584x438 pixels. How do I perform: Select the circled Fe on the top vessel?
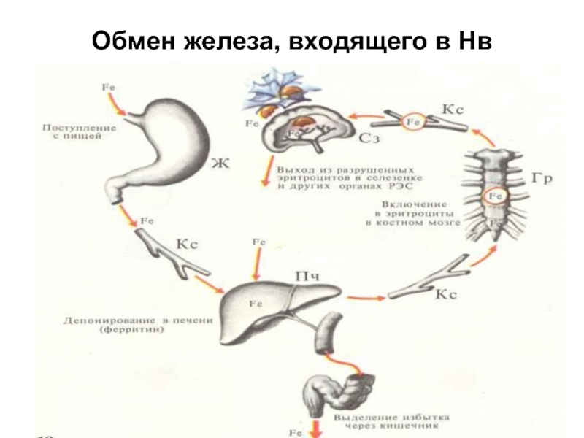point(414,122)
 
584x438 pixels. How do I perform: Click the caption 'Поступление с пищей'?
point(79,132)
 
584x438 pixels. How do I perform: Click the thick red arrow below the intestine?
point(315,426)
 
